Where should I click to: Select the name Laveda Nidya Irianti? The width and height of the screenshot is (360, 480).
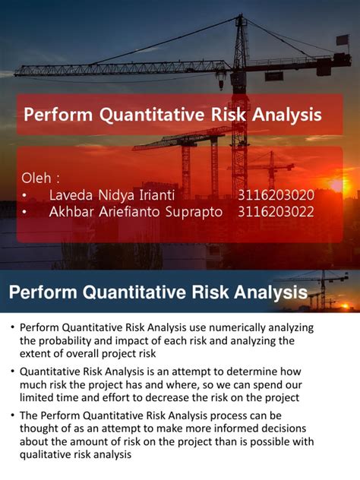click(112, 195)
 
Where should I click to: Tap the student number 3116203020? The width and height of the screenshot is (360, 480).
click(276, 195)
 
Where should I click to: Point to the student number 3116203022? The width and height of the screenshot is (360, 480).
click(276, 212)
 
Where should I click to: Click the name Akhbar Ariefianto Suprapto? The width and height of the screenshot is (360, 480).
click(136, 212)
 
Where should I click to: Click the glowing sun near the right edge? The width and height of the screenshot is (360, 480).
click(339, 185)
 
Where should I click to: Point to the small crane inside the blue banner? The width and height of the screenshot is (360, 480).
click(323, 286)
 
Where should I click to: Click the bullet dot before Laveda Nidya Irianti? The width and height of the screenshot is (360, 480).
click(25, 196)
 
